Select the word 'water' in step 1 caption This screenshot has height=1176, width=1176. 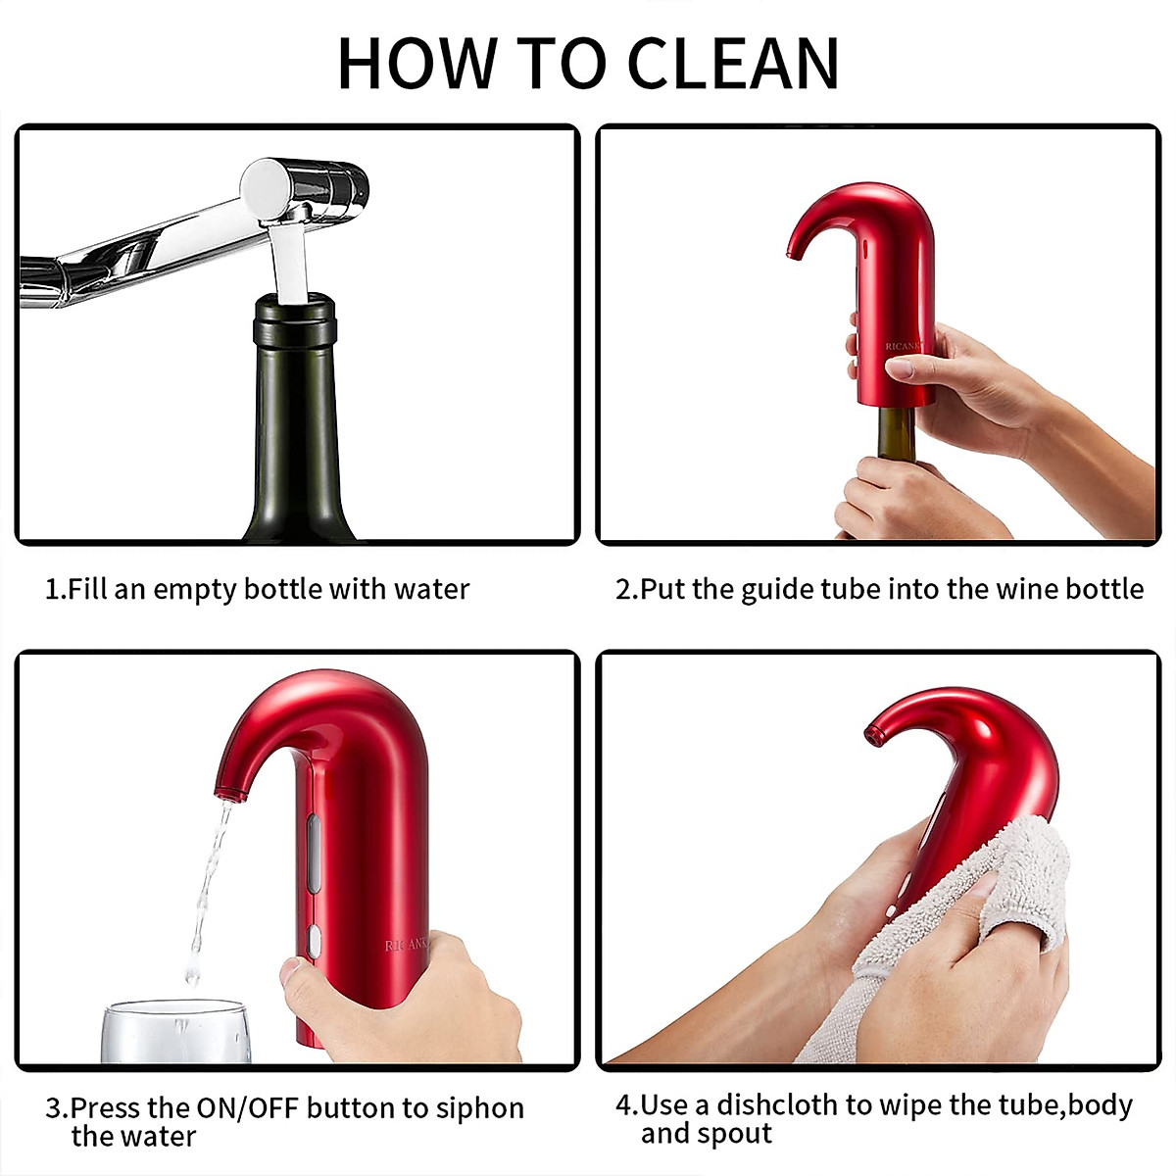click(x=431, y=589)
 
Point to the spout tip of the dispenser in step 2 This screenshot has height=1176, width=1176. click(x=792, y=254)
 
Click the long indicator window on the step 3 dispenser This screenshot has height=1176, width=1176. click(x=313, y=853)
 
